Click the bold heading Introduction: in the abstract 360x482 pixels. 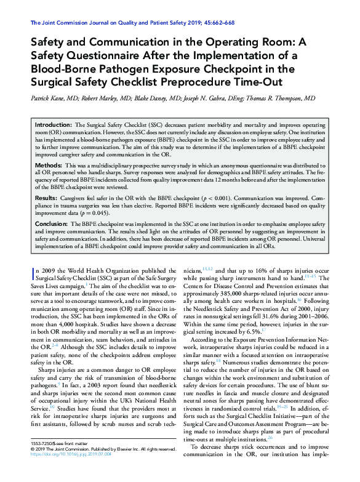[x=54, y=124]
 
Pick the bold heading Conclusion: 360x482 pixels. [x=52, y=224]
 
